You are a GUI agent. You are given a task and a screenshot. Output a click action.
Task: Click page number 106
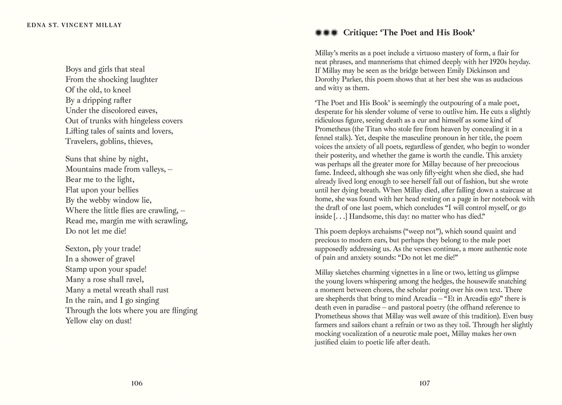pos(137,383)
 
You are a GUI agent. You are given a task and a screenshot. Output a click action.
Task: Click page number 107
pos(424,383)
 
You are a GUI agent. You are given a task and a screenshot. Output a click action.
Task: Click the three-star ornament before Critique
pos(326,33)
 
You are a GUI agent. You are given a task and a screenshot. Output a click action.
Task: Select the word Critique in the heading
pos(360,33)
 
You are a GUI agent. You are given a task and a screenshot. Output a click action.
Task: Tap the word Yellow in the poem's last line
pos(76,321)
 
